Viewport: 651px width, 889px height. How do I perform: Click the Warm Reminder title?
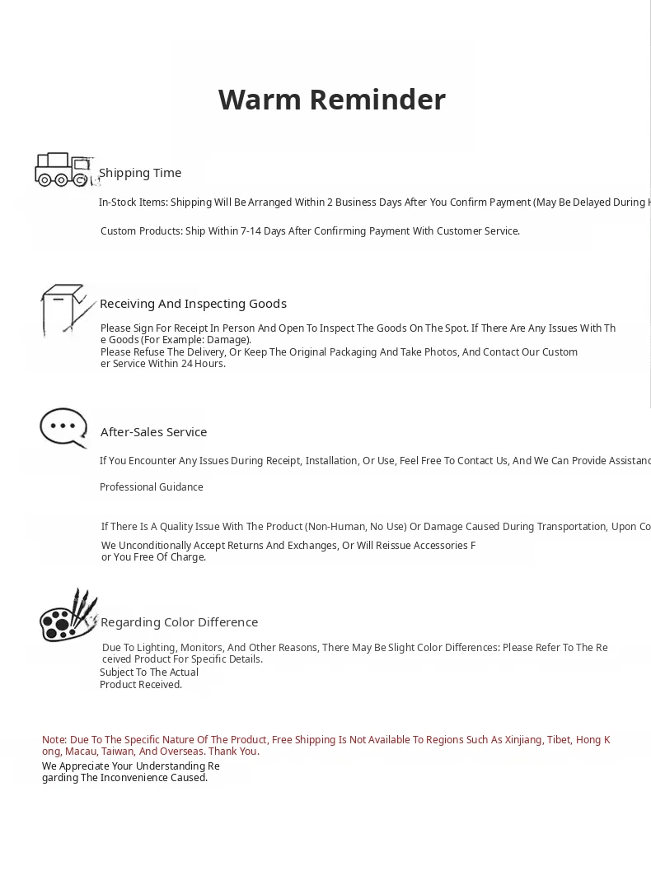[331, 100]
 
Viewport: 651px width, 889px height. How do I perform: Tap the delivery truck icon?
[63, 170]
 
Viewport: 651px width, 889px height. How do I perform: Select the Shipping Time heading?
[140, 173]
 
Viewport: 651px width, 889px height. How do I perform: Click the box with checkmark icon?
[66, 310]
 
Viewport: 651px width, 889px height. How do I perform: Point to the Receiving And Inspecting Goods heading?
[193, 304]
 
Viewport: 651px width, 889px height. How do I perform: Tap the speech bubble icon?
[63, 427]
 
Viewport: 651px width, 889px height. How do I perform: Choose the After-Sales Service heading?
[153, 432]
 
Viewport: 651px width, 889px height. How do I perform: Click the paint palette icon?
[68, 616]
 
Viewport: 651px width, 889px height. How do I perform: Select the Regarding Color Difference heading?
[179, 622]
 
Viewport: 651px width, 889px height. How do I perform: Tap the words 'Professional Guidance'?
[152, 487]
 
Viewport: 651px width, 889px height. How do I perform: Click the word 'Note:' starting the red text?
[54, 740]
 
